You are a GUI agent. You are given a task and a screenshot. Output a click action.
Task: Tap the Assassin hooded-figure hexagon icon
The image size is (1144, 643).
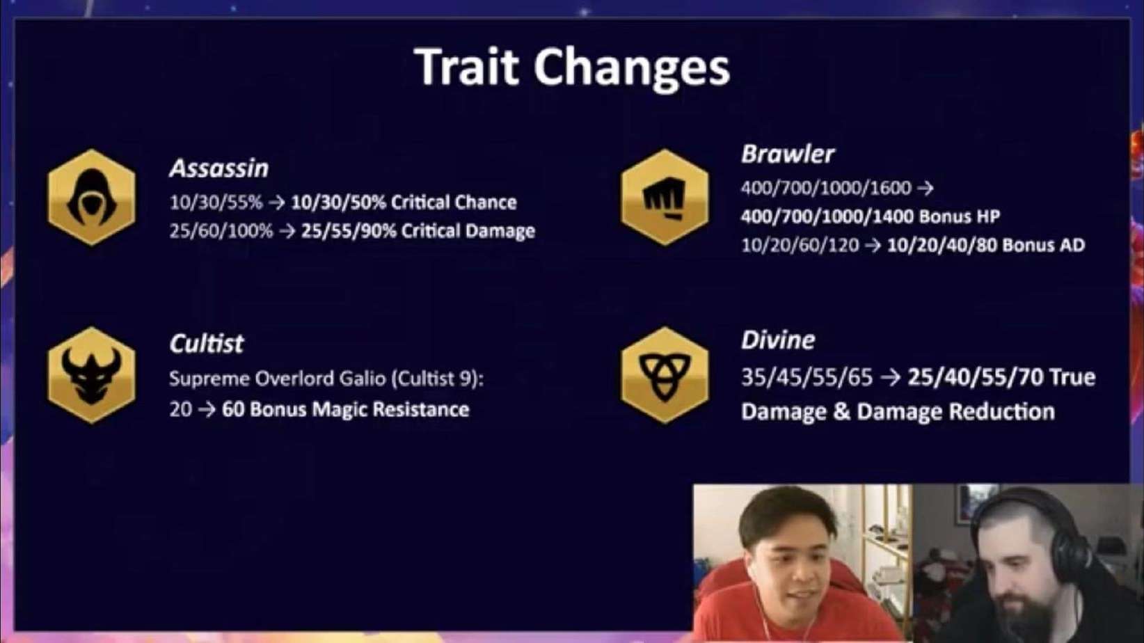tap(92, 198)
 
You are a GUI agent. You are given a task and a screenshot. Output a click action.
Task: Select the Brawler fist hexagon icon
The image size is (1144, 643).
tap(665, 198)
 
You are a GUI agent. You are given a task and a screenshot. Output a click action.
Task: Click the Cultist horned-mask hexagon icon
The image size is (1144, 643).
tap(92, 375)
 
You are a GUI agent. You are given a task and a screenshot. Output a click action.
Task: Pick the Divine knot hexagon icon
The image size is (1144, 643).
tap(665, 375)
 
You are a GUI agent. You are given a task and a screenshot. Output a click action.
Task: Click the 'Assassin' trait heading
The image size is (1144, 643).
tap(219, 168)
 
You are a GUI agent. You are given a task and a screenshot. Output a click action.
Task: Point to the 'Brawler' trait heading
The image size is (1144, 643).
tap(788, 154)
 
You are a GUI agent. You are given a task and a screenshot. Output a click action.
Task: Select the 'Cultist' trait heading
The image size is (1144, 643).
tap(207, 343)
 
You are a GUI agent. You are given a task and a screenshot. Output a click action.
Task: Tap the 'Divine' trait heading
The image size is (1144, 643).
tap(778, 340)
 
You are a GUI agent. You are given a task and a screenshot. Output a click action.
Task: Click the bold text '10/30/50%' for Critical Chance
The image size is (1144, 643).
tap(338, 203)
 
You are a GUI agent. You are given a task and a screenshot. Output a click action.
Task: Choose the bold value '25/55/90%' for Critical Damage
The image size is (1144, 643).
tap(349, 231)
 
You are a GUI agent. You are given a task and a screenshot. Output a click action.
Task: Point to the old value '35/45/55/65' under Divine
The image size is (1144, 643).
tap(807, 377)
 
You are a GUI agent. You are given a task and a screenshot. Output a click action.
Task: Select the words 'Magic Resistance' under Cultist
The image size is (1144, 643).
tap(390, 410)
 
